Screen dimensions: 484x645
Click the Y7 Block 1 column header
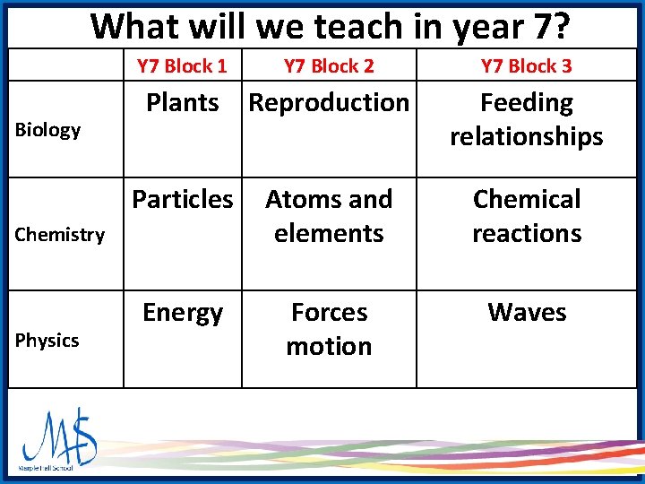[182, 65]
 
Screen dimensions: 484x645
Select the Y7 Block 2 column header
[329, 65]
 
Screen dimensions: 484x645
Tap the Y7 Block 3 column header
[526, 65]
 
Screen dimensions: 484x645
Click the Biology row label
[48, 130]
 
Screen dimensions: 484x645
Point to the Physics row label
[47, 341]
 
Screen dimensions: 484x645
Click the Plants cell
[183, 103]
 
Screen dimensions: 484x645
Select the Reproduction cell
[329, 103]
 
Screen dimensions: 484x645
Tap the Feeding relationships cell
[527, 120]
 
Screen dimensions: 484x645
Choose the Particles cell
[183, 199]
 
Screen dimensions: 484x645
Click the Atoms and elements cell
[329, 216]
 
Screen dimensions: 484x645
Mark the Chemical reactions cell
[527, 216]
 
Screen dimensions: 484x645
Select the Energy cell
[183, 313]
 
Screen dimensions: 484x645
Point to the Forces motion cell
[329, 329]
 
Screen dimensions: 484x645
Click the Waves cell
[527, 313]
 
